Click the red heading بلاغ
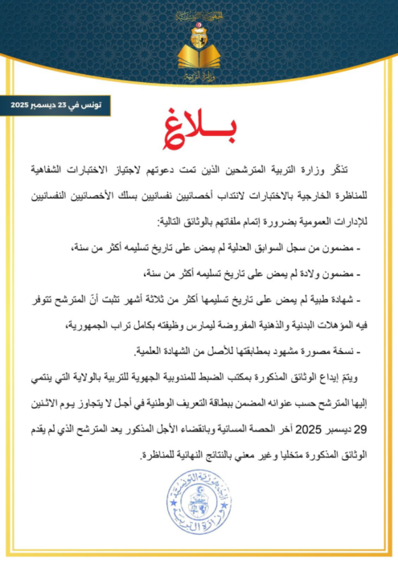199,135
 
